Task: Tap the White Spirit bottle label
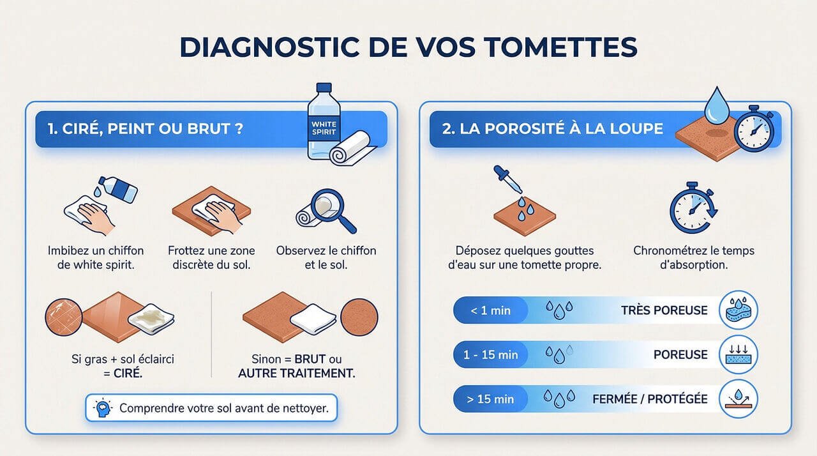(324, 126)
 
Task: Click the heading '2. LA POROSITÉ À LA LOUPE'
(553, 128)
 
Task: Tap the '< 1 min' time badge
(490, 310)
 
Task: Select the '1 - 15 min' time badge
(490, 354)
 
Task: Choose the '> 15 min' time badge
(490, 399)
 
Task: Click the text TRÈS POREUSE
(664, 310)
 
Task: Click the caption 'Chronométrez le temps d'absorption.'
(693, 257)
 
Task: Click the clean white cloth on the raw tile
(313, 317)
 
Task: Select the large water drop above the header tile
(718, 103)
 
